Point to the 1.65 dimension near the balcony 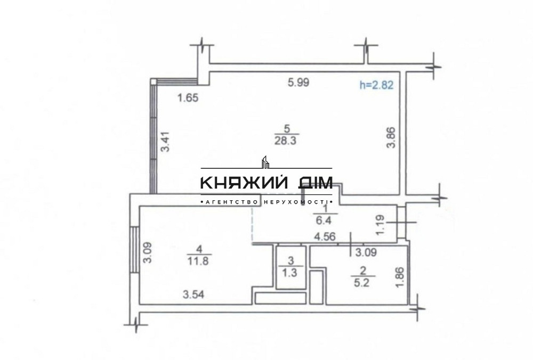click(188, 98)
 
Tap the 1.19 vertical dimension click(380, 225)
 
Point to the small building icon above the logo click(266, 161)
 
